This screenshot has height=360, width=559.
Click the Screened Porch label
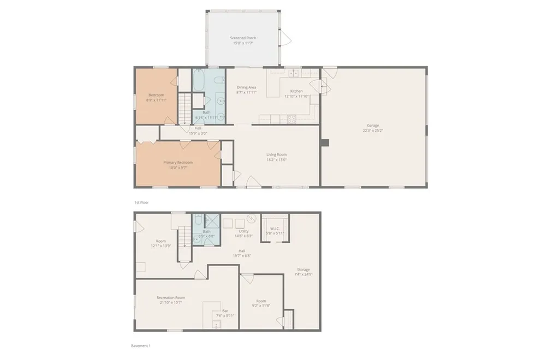click(243, 38)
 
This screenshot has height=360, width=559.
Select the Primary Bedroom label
click(178, 162)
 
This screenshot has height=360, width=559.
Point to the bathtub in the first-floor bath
click(198, 82)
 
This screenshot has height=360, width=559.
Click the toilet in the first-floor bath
click(219, 82)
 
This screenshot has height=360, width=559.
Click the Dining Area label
click(246, 87)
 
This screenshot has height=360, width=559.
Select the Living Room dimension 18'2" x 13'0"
click(276, 160)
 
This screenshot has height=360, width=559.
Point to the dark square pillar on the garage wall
click(325, 143)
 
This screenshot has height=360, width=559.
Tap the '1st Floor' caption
click(141, 202)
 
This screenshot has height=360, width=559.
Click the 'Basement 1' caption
click(140, 346)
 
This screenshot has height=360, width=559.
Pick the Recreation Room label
click(171, 297)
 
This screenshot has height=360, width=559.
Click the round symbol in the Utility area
click(252, 219)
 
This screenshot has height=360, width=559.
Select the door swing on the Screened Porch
click(285, 38)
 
